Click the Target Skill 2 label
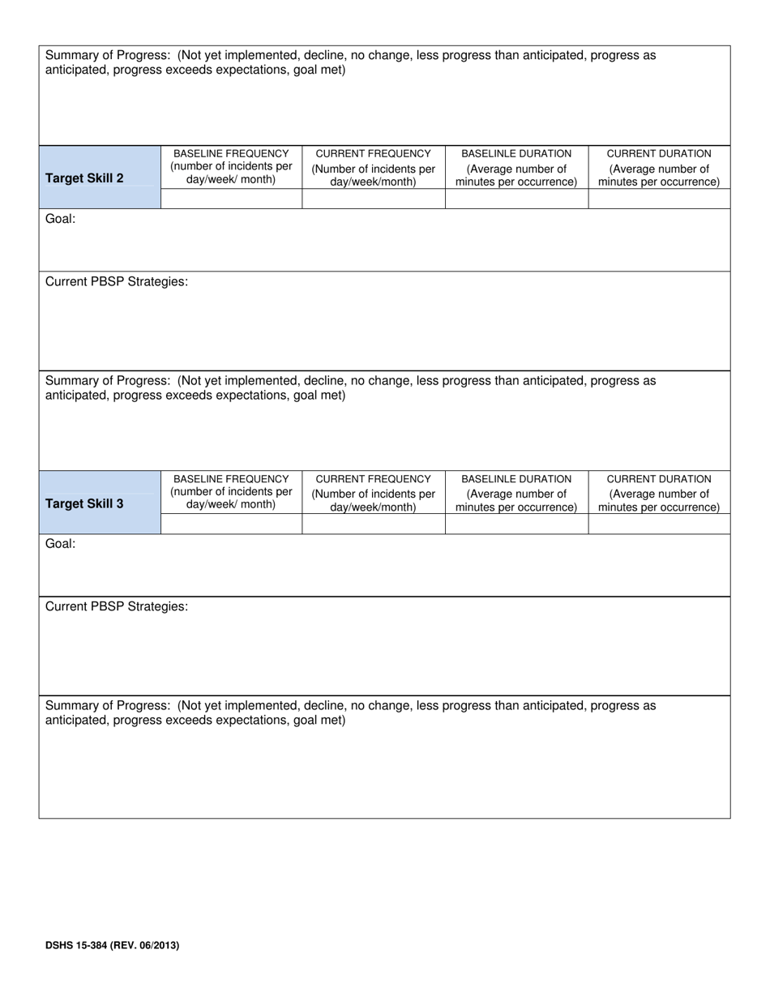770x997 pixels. point(84,178)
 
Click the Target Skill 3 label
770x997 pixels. point(84,503)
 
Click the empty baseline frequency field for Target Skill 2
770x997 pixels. point(231,199)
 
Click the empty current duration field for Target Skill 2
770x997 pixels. point(659,199)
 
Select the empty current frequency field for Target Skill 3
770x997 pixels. point(373,524)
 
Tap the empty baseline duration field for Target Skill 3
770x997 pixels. point(516,524)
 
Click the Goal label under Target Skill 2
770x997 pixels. point(60,219)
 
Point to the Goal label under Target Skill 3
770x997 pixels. point(60,544)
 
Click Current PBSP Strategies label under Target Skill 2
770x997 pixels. point(117,282)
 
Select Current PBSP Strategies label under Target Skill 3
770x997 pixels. point(117,607)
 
